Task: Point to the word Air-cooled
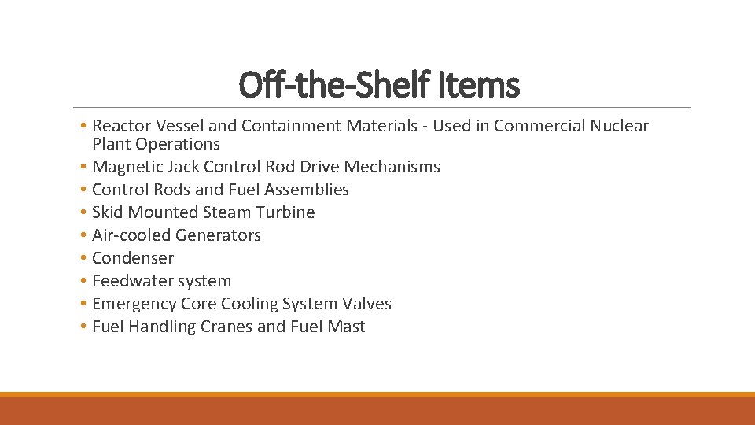131,235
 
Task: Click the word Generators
219,235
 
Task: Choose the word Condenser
133,258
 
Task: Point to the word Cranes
226,327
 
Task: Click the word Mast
347,327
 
